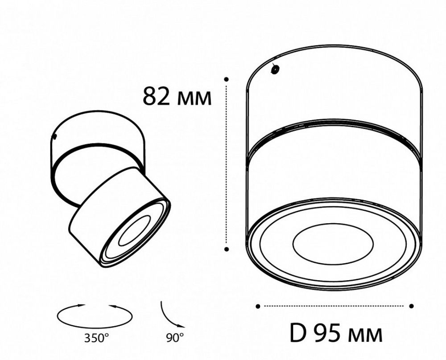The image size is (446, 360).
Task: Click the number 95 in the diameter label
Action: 327,332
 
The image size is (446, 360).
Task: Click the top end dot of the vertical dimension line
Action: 227,79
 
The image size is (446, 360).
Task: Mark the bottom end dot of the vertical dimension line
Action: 227,250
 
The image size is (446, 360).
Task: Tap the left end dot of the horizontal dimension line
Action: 258,306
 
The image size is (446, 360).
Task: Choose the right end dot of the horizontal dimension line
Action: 411,306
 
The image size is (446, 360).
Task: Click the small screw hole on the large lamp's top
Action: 276,69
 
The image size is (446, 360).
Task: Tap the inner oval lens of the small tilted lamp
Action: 134,232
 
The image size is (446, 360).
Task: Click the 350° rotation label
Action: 95,338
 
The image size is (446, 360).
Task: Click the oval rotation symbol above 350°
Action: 95,315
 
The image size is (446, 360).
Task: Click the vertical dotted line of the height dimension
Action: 227,165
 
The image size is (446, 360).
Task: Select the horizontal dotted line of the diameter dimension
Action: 334,306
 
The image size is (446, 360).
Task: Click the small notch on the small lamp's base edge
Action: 55,136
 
